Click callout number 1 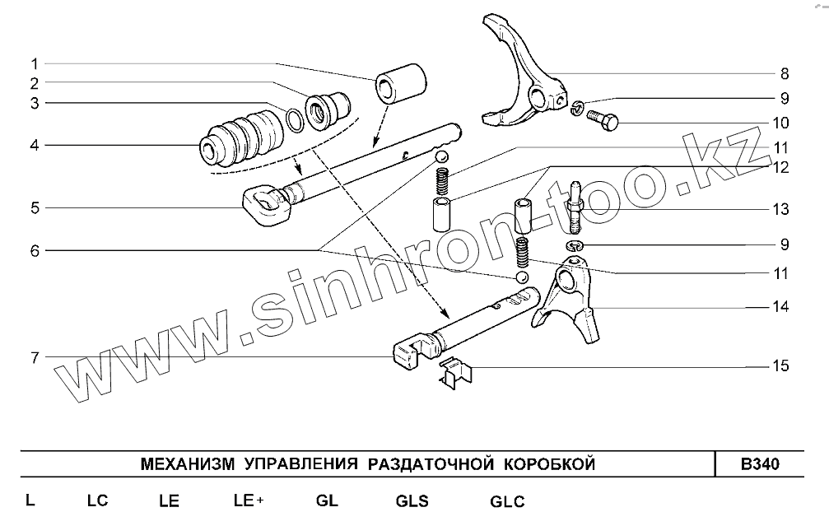tap(35, 63)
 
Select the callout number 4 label tap(35, 146)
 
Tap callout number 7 tap(35, 356)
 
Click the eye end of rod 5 tap(263, 202)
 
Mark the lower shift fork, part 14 tap(567, 305)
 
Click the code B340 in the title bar tap(759, 463)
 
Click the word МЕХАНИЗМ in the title tap(188, 463)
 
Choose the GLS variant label tap(412, 500)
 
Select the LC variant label tap(97, 500)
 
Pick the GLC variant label tap(507, 500)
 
